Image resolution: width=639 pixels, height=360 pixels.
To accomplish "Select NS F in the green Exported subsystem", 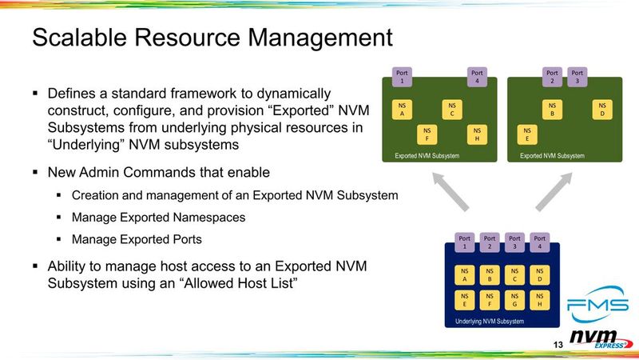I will tap(428, 135).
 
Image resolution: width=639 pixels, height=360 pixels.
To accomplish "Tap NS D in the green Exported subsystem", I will tap(601, 110).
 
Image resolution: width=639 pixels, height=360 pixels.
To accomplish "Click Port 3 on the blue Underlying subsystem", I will tap(515, 241).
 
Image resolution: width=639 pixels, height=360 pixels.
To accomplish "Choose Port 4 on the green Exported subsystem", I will tap(477, 76).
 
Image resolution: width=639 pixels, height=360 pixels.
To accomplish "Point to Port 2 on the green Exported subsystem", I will tap(551, 76).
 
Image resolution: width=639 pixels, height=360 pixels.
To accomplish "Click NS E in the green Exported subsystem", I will tap(527, 135).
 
